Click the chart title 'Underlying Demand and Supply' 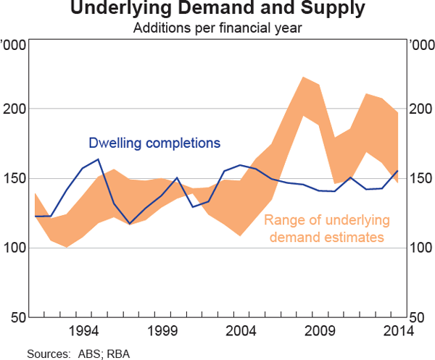point(217,10)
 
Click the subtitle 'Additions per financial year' point(217,29)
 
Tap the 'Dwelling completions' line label point(154,143)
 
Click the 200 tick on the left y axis point(17,109)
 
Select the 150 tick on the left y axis point(17,178)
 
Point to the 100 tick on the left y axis point(17,248)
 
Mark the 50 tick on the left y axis point(20,317)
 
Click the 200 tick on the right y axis point(418,109)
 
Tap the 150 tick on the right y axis point(418,178)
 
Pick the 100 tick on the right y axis point(418,248)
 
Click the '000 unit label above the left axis point(15,46)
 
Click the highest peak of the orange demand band point(303,78)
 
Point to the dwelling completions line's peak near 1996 point(99,159)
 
